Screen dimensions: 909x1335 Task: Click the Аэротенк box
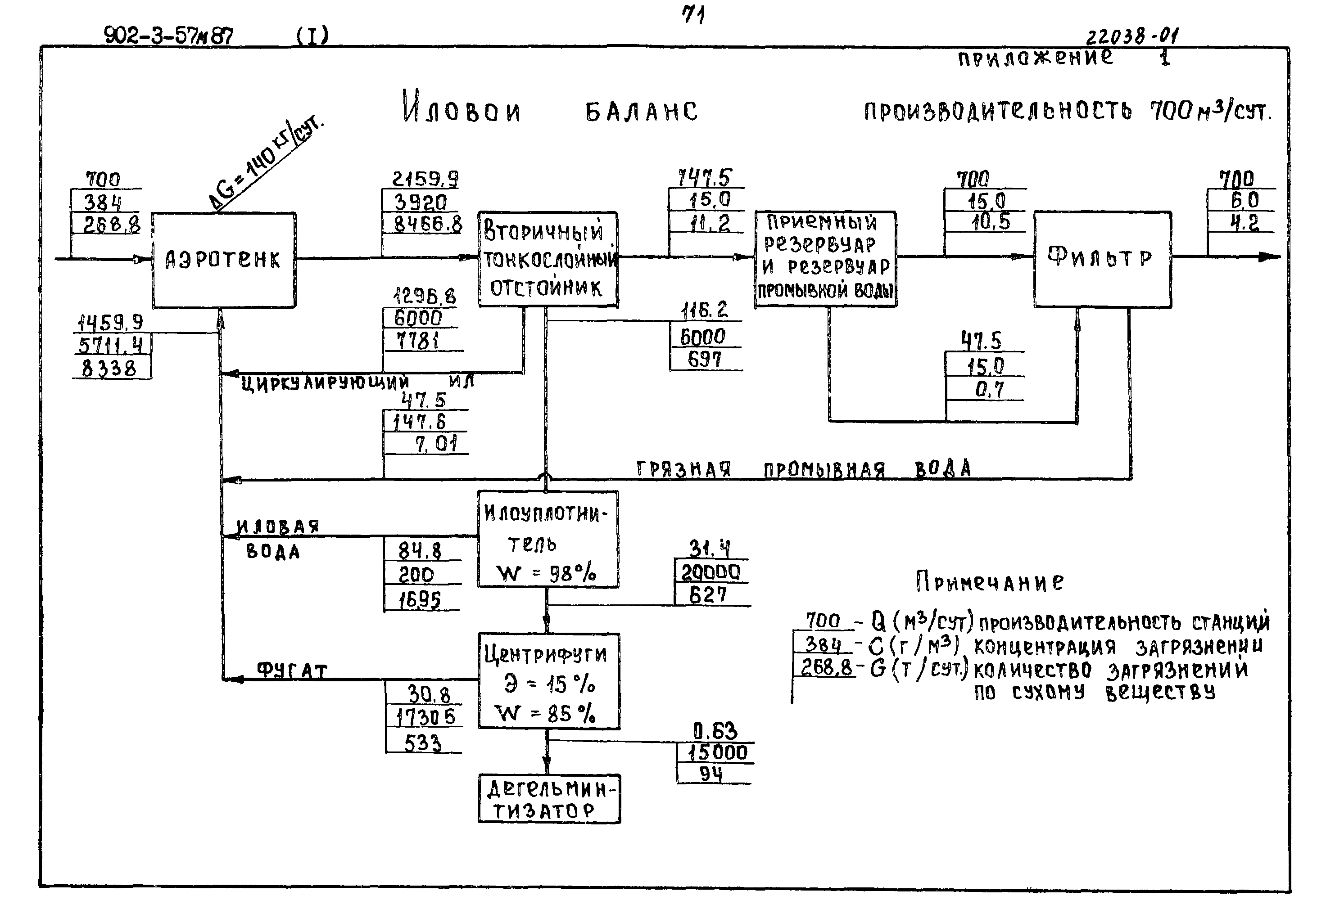click(223, 260)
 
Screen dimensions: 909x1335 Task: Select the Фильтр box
click(1102, 259)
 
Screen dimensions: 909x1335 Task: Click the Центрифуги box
click(548, 681)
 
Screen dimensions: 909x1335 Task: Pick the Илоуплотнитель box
click(548, 539)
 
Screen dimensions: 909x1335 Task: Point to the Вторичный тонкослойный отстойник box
click(548, 259)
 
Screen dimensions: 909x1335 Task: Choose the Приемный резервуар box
click(825, 259)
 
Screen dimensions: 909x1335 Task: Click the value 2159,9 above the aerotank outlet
click(425, 179)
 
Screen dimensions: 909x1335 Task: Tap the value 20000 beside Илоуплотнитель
click(710, 572)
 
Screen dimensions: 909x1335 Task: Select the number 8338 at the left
click(109, 368)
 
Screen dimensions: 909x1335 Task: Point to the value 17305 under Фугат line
click(425, 717)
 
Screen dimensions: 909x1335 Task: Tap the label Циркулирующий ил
click(356, 382)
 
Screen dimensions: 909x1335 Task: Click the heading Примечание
click(989, 582)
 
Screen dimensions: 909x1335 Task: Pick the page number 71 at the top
click(693, 15)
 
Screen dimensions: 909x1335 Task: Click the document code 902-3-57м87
click(168, 36)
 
